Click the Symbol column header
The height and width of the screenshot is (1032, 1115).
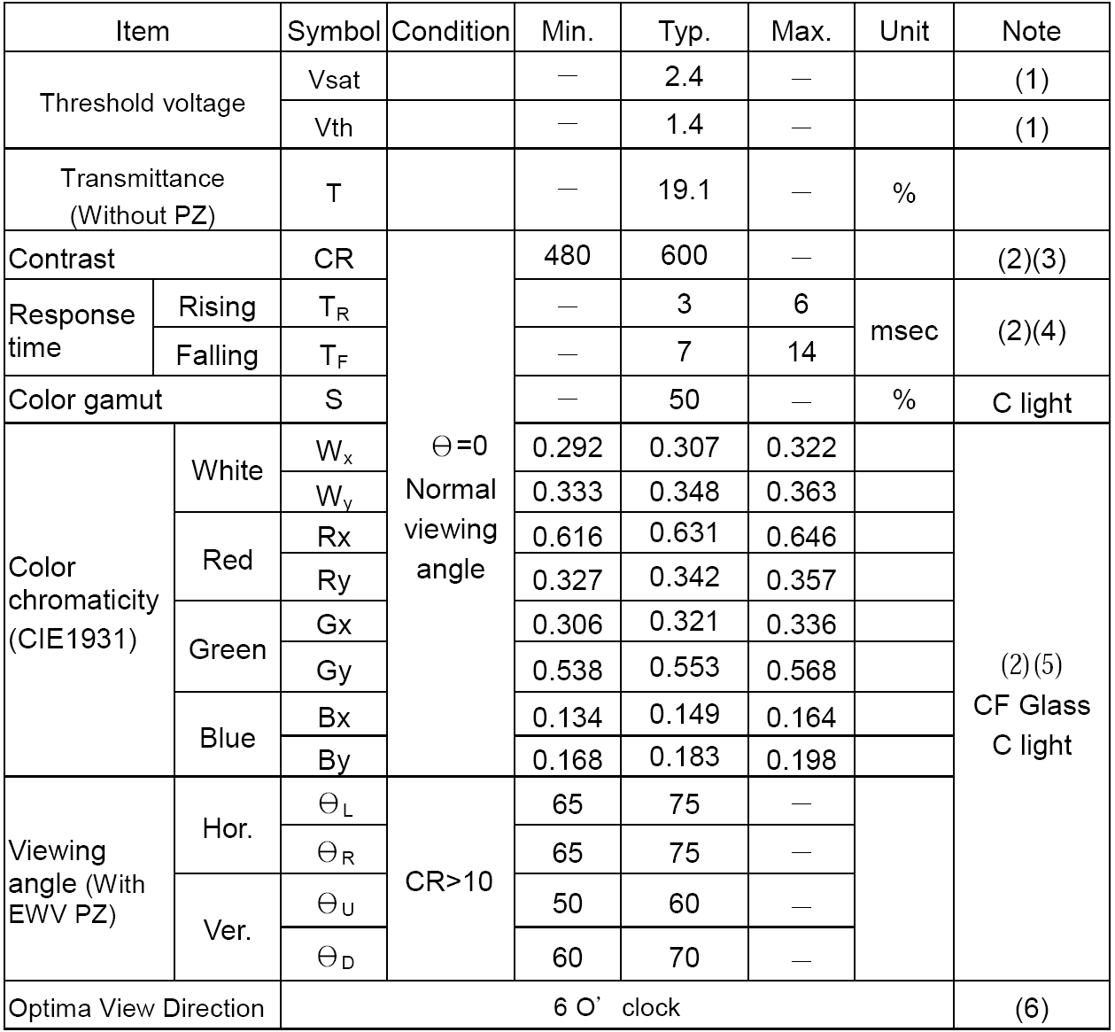333,32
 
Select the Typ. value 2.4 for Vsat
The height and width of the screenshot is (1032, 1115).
684,77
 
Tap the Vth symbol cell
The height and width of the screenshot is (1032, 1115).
333,128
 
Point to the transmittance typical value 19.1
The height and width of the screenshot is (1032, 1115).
684,190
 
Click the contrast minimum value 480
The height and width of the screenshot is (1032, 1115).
567,256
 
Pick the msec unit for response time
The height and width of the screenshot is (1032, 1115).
903,330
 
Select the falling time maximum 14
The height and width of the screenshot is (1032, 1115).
801,353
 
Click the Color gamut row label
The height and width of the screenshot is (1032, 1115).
86,400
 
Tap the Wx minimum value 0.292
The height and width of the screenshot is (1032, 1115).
567,447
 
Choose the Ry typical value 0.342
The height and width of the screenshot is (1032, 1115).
684,578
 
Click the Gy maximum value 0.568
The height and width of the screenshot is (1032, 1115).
801,671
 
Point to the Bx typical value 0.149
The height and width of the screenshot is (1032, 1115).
684,715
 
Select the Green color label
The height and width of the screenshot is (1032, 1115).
228,649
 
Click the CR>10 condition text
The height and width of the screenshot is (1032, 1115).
449,882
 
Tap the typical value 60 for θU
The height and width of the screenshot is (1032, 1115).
684,904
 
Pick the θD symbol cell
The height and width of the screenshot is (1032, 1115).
335,958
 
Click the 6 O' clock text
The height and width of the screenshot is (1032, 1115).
616,1008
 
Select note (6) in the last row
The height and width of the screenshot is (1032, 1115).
1031,1008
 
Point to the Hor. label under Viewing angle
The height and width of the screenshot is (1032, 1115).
228,828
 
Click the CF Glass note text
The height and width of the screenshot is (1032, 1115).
1031,705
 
